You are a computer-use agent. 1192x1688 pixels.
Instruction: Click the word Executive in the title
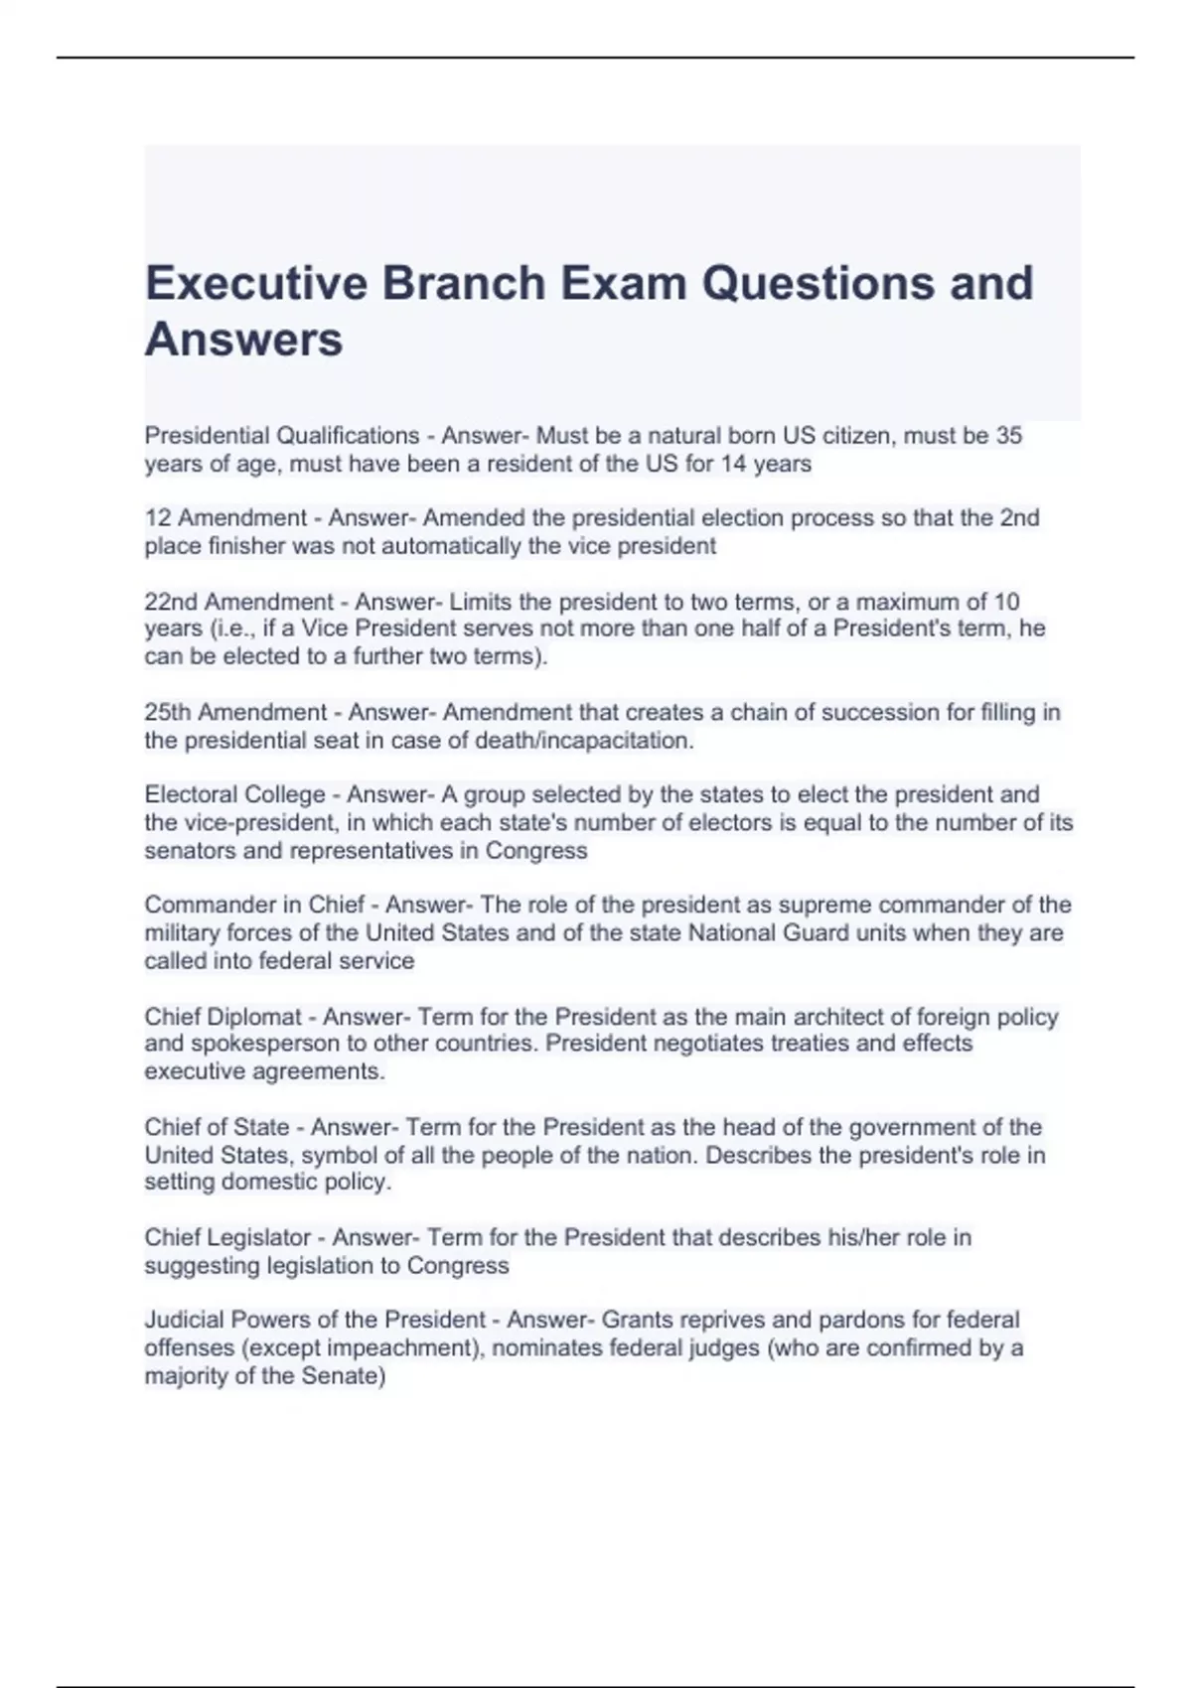[x=255, y=283]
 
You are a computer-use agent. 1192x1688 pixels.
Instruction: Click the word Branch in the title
[x=464, y=283]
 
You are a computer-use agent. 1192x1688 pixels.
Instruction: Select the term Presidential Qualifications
[x=282, y=436]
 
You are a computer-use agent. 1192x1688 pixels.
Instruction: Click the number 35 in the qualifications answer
[x=1008, y=436]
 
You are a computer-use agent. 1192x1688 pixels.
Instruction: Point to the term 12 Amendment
[x=225, y=518]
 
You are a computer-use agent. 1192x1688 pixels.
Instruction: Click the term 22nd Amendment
[x=238, y=602]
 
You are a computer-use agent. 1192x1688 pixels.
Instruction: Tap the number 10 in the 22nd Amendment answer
[x=1006, y=602]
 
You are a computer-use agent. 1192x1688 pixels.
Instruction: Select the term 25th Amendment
[x=235, y=713]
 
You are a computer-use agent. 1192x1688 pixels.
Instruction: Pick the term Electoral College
[x=234, y=795]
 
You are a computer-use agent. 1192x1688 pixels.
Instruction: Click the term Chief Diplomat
[x=223, y=1017]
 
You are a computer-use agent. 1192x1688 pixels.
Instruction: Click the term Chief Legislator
[x=227, y=1238]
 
